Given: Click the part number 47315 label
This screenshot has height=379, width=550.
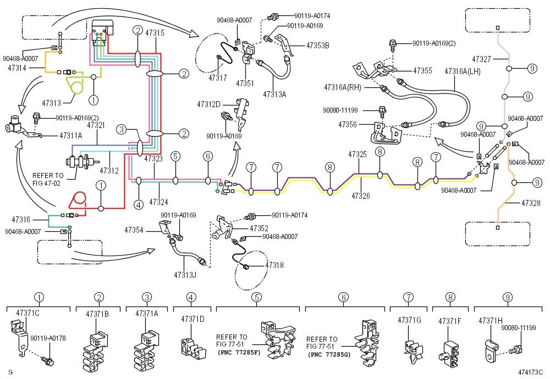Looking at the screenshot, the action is [155, 33].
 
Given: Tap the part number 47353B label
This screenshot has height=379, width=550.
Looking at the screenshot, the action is [318, 46].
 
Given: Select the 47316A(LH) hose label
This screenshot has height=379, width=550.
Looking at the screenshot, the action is [463, 71].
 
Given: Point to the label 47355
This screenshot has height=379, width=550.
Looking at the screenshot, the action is [422, 71].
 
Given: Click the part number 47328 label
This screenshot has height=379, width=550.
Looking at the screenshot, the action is [531, 203].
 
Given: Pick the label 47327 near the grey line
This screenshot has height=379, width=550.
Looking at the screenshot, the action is [481, 59].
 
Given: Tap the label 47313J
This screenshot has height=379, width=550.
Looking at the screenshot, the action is [185, 275].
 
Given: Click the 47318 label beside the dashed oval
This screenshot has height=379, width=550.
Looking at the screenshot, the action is [274, 265].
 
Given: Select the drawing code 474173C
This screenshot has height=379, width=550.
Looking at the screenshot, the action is [530, 372].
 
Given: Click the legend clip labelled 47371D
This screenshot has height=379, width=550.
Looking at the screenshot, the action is [193, 349].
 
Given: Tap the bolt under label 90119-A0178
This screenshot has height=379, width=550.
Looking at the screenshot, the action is [47, 360].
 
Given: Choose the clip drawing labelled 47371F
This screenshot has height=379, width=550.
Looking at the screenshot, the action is [449, 354].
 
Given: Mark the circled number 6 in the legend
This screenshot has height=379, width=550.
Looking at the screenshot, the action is [343, 297].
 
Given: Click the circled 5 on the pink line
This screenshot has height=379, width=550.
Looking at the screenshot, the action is [175, 156].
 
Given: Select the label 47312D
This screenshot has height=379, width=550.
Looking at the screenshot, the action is [208, 104].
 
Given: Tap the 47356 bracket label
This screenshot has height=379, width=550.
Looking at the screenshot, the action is [348, 125].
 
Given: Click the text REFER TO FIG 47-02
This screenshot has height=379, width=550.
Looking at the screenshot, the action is [48, 180].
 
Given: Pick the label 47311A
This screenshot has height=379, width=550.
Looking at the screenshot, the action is [71, 136].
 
